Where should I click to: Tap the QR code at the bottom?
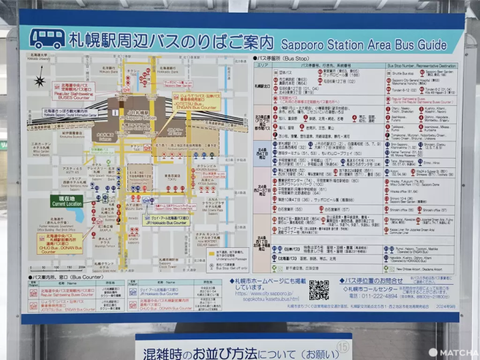[319, 290]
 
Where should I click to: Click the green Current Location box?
[67, 201]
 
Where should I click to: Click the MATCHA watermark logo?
[453, 351]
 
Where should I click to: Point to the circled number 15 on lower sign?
[342, 345]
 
